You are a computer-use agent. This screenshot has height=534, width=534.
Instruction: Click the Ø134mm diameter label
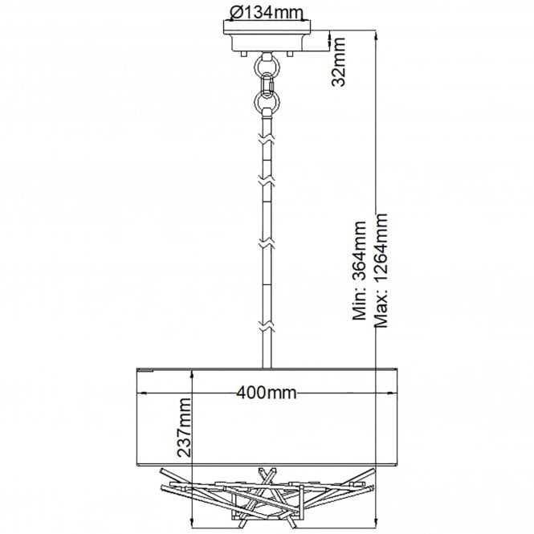266,13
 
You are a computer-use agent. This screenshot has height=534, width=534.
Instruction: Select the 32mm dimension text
339,62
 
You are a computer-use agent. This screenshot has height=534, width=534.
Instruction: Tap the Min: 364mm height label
359,271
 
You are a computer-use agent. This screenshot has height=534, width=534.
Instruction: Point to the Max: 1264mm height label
381,271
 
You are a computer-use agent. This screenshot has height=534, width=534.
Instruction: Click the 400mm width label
267,393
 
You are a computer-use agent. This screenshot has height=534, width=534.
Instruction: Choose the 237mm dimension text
184,427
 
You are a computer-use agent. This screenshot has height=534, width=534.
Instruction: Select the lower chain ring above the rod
267,101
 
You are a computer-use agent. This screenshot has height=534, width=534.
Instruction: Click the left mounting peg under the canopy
243,54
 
